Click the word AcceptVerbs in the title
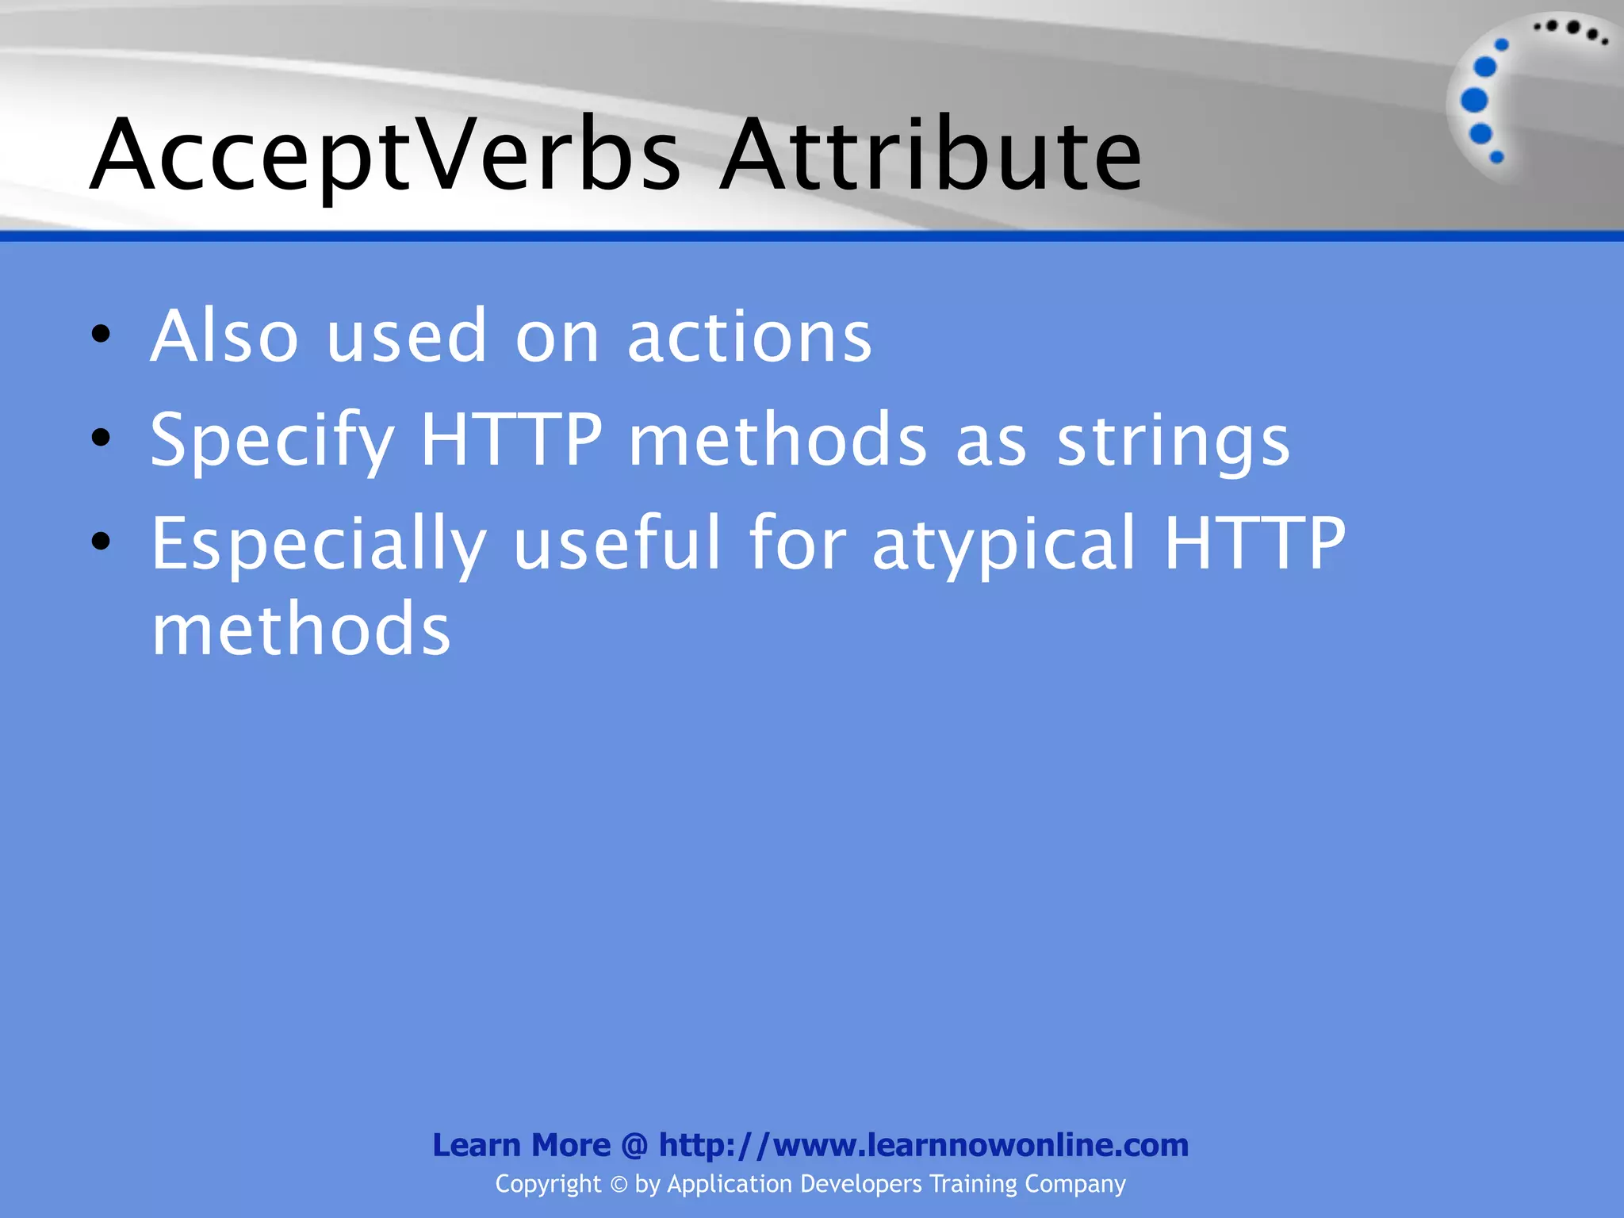pyautogui.click(x=385, y=155)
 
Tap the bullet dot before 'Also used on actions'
pyautogui.click(x=101, y=334)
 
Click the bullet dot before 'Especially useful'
pyautogui.click(x=101, y=541)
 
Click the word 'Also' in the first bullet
pyautogui.click(x=224, y=336)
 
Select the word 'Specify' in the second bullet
pyautogui.click(x=272, y=441)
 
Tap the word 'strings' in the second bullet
pyautogui.click(x=1173, y=441)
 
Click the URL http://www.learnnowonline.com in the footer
pyautogui.click(x=924, y=1145)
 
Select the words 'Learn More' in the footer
pyautogui.click(x=521, y=1145)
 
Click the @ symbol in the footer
pyautogui.click(x=634, y=1145)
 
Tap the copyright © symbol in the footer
pyautogui.click(x=619, y=1185)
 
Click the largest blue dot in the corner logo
pyautogui.click(x=1474, y=100)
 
